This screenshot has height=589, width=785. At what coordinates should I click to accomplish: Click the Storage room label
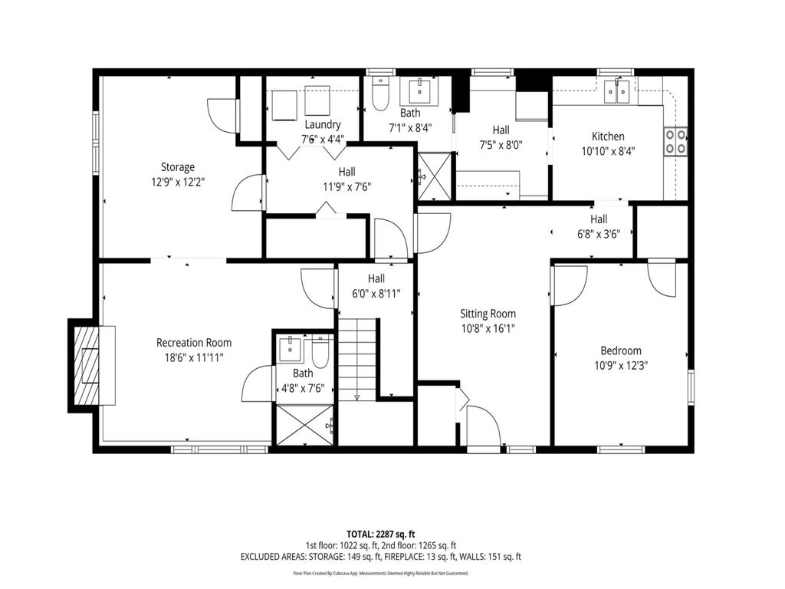pyautogui.click(x=177, y=167)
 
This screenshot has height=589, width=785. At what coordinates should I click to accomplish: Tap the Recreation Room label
pyautogui.click(x=194, y=343)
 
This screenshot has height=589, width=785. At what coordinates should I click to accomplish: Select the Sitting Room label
pyautogui.click(x=488, y=314)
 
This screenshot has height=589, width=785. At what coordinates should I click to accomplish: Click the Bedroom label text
pyautogui.click(x=621, y=350)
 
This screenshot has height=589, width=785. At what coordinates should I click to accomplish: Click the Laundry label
pyautogui.click(x=322, y=125)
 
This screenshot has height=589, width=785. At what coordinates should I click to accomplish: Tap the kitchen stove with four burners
pyautogui.click(x=675, y=141)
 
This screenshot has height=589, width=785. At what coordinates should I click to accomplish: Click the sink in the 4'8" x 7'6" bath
pyautogui.click(x=291, y=349)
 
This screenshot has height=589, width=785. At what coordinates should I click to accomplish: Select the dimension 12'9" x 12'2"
pyautogui.click(x=177, y=182)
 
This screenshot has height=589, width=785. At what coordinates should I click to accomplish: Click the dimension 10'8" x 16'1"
pyautogui.click(x=488, y=328)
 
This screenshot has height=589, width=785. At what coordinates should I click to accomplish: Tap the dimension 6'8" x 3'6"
pyautogui.click(x=599, y=235)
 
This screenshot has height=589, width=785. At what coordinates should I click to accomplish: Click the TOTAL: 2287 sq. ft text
pyautogui.click(x=381, y=533)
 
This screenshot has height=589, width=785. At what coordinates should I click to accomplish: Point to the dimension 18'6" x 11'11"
pyautogui.click(x=194, y=357)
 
